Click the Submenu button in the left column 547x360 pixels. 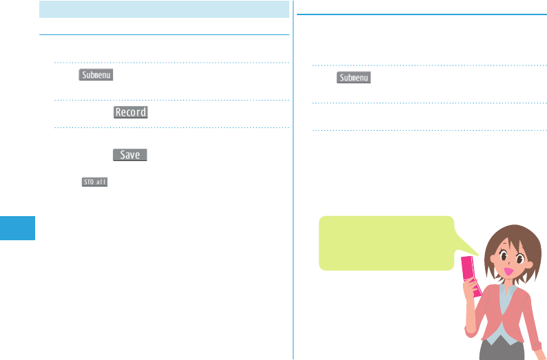click(x=96, y=74)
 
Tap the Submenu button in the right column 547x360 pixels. click(x=354, y=78)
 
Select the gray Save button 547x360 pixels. click(x=130, y=156)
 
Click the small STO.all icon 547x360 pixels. click(x=94, y=182)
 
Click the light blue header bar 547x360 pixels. click(x=164, y=9)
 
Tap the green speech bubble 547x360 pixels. click(x=386, y=242)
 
